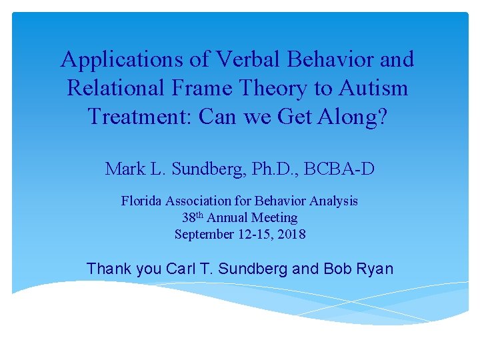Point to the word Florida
click(x=141, y=201)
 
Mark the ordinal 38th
click(x=193, y=217)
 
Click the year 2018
click(x=291, y=234)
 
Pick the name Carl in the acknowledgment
click(x=179, y=269)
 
